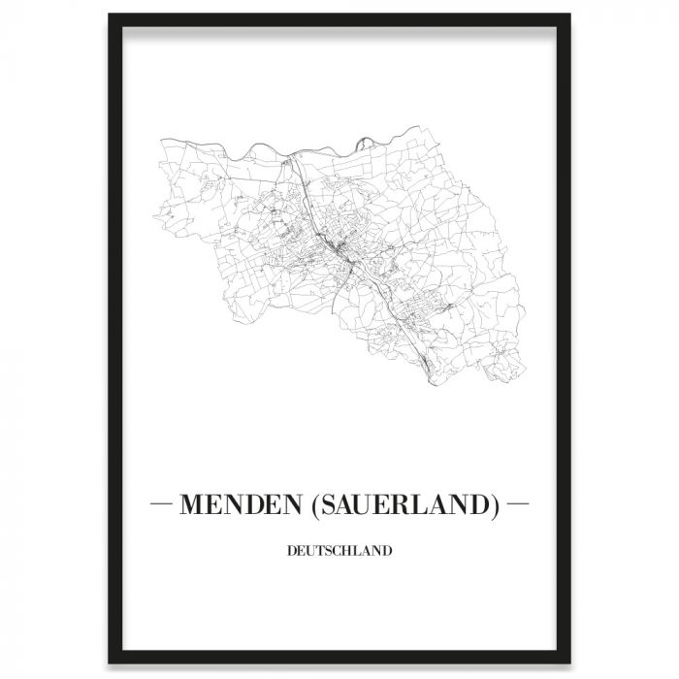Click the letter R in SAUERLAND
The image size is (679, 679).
[x=418, y=505]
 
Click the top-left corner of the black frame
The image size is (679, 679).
[x=108, y=16]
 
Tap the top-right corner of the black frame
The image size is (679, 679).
[x=570, y=16]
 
